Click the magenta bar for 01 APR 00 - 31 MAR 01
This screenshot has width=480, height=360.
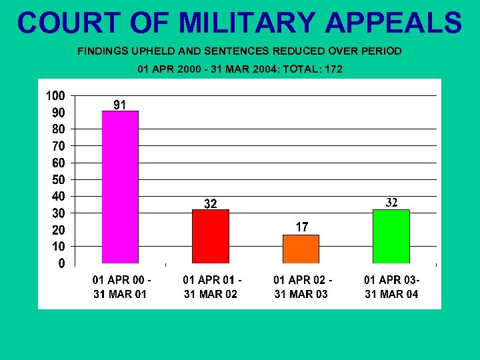click(x=120, y=187)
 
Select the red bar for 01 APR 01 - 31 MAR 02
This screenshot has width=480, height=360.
click(x=210, y=236)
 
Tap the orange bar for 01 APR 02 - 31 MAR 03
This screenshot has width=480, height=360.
click(x=301, y=249)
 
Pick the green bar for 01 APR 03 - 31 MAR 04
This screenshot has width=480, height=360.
click(x=391, y=236)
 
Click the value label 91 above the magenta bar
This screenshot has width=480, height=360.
click(x=120, y=104)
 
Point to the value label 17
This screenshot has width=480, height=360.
click(x=302, y=227)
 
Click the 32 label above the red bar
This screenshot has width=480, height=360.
click(x=210, y=204)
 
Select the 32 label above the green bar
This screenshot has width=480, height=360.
click(x=393, y=202)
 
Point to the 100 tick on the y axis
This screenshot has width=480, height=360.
click(x=55, y=95)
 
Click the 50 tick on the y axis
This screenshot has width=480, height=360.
click(x=59, y=179)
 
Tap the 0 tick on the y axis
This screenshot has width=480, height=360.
click(x=62, y=263)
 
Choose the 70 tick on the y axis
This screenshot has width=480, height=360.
click(x=59, y=145)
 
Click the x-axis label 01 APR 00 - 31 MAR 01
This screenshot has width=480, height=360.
click(x=120, y=287)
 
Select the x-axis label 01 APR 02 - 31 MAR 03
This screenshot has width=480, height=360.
click(x=301, y=287)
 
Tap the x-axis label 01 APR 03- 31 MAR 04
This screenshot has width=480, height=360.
click(x=392, y=287)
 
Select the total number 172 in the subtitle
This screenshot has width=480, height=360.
click(x=331, y=69)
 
